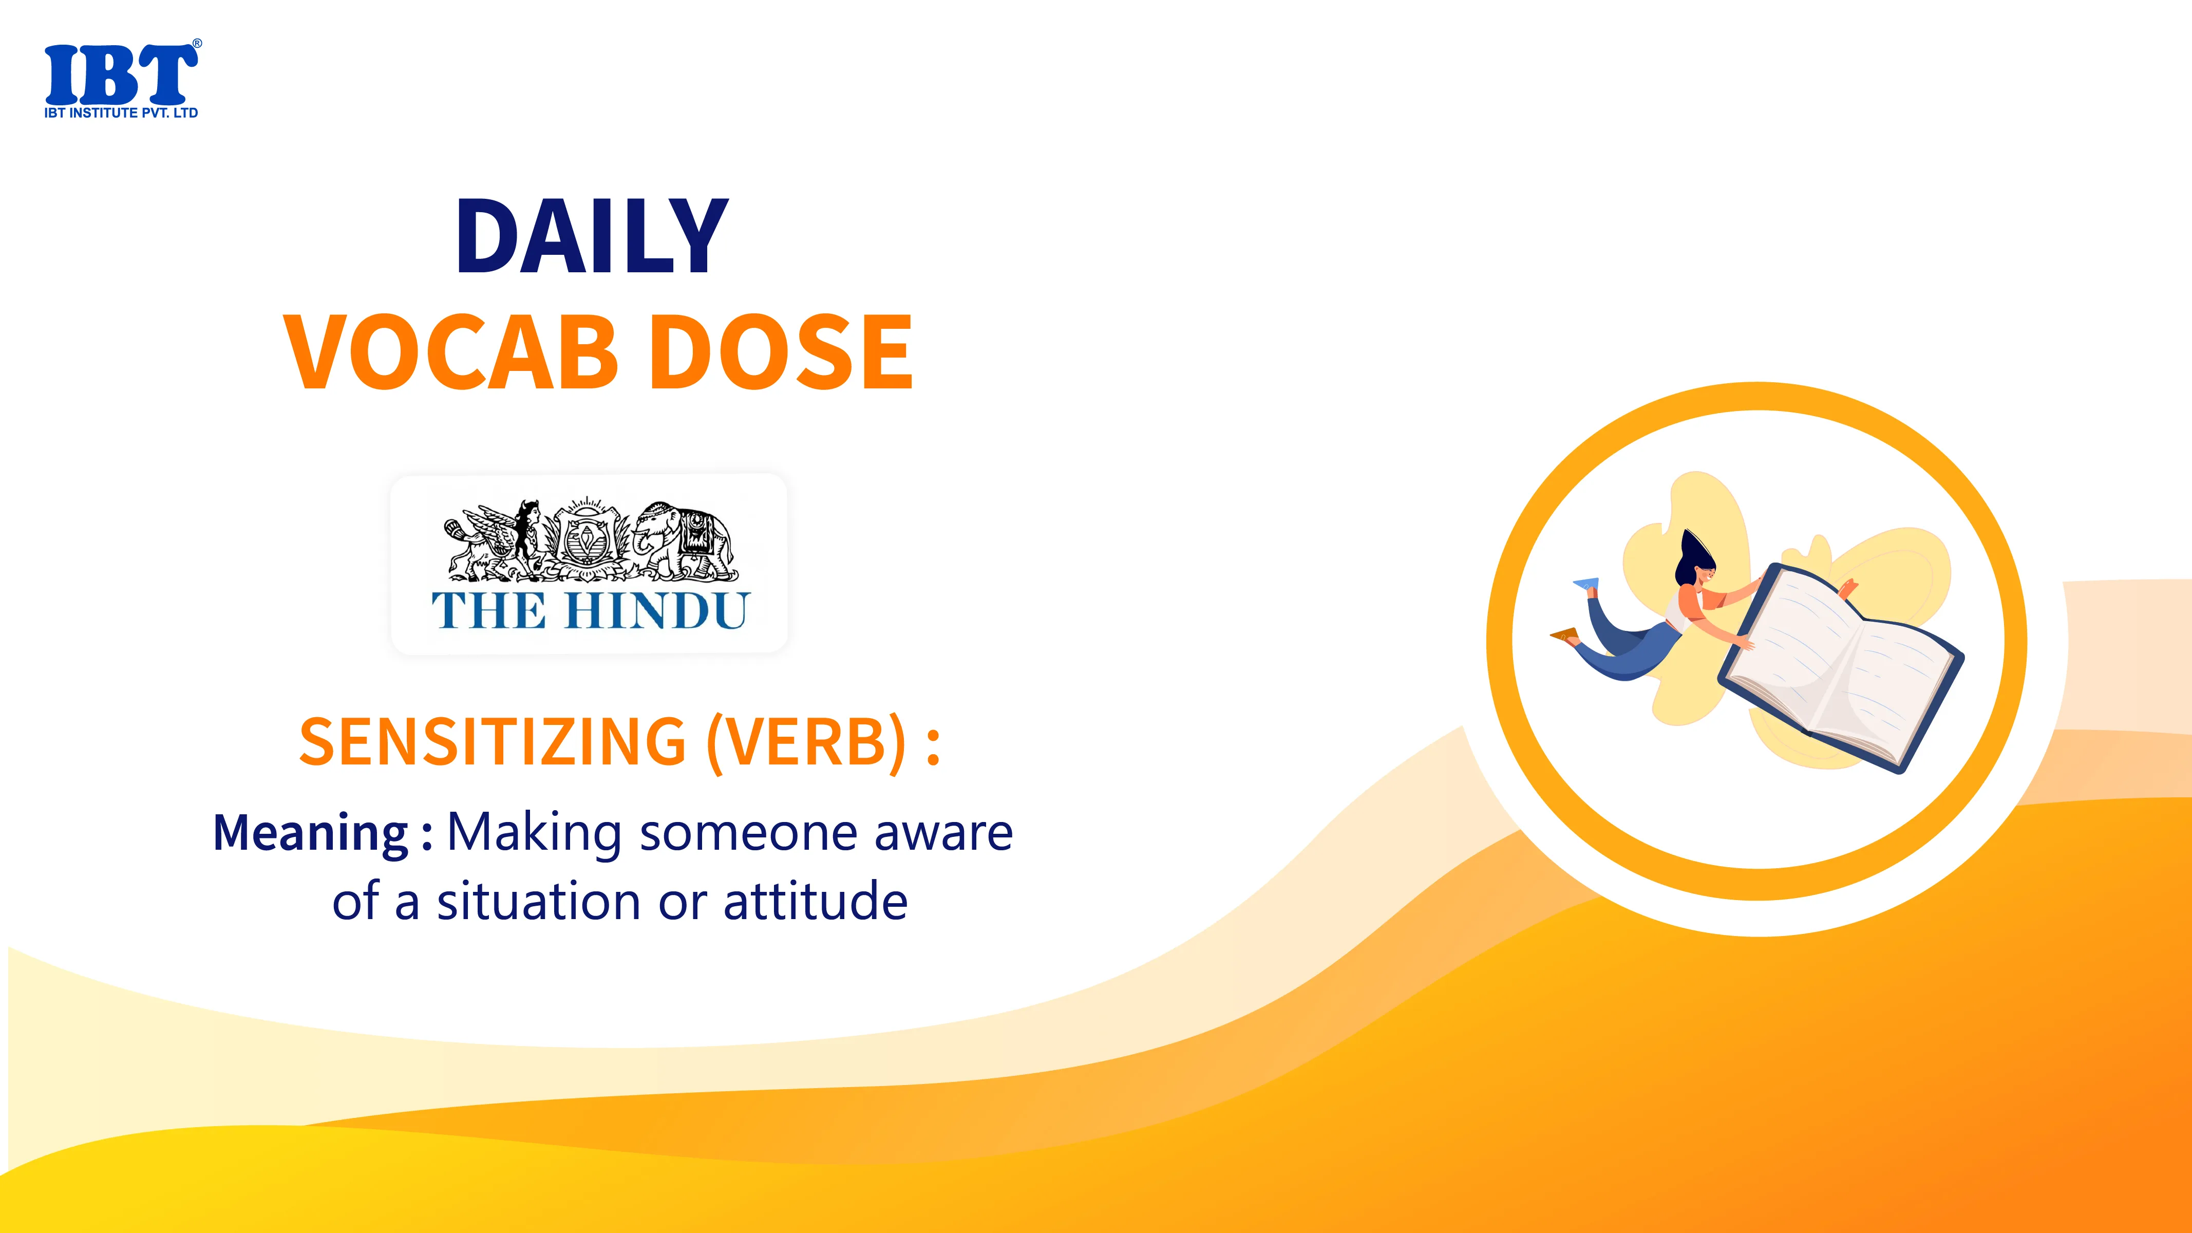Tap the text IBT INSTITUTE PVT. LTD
pos(121,113)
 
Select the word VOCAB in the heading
pos(452,351)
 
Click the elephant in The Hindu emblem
pos(683,538)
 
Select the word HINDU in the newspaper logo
pos(656,610)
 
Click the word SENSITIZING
pos(493,741)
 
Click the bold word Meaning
pos(311,834)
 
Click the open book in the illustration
pos(1840,668)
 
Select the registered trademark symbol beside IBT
pos(197,43)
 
